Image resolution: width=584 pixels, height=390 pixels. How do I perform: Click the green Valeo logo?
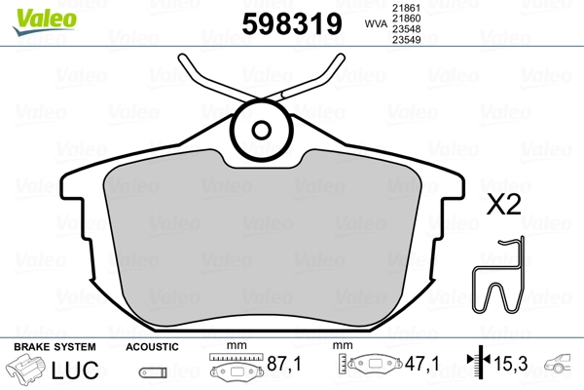coord(45,21)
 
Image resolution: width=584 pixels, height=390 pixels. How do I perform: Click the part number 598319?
coord(292,24)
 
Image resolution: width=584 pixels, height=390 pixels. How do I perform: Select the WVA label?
coord(376,23)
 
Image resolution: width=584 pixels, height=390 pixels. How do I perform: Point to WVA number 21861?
coord(406,8)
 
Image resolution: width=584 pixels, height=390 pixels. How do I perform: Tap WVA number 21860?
coord(406,19)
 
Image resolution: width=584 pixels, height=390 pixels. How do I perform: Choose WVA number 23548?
coord(406,29)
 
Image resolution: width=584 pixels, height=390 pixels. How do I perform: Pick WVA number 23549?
coord(406,40)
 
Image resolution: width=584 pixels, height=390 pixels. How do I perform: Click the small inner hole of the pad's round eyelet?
coord(261,131)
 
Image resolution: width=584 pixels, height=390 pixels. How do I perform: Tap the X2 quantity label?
coord(503,205)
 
